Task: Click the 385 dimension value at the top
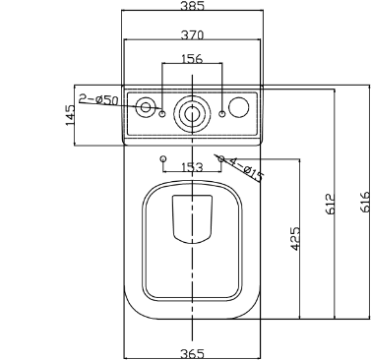click(x=192, y=5)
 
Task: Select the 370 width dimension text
click(x=192, y=34)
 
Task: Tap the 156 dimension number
click(x=192, y=59)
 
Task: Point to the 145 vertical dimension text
click(x=70, y=115)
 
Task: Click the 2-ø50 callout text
click(x=98, y=99)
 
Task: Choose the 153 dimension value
click(x=192, y=167)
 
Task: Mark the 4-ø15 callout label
click(x=247, y=169)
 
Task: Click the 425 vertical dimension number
click(x=295, y=238)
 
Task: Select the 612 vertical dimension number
click(x=331, y=204)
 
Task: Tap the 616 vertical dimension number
click(x=365, y=202)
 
